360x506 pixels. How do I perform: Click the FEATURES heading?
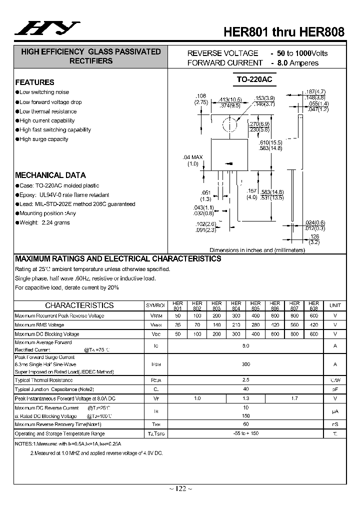pos(34,82)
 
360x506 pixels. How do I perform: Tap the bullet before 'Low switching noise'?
pos(17,92)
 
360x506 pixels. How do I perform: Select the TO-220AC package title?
pos(254,79)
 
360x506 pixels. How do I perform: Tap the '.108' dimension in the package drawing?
pos(200,95)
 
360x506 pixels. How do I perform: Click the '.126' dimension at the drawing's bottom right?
pos(314,236)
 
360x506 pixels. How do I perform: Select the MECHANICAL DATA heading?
pos(50,175)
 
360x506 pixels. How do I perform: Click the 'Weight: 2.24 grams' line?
pos(44,223)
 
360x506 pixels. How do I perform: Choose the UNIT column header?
pos(335,305)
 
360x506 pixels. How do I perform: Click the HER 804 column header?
pos(236,305)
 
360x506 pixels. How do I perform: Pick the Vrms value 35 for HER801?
pos(177,325)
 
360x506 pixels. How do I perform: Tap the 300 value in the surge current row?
pos(245,364)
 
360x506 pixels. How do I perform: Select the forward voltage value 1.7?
pos(294,398)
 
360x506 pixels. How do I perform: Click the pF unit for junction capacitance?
pos(335,389)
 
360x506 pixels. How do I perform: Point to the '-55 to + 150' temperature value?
pos(245,434)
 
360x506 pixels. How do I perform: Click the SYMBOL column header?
pos(155,305)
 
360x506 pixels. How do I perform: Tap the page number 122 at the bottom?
pos(179,488)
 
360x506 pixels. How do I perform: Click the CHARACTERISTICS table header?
pos(79,305)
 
